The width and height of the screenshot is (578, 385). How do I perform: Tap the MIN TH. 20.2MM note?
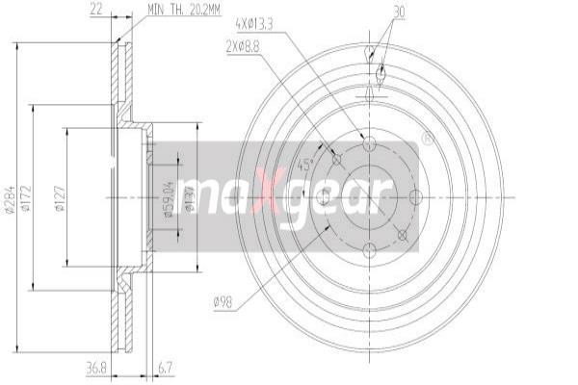point(184,10)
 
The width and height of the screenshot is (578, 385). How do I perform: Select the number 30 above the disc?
point(400,12)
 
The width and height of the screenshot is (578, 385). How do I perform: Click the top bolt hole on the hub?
point(369,142)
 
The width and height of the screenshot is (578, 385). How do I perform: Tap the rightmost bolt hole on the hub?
point(415,196)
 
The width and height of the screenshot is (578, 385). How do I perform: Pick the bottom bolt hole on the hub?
point(369,251)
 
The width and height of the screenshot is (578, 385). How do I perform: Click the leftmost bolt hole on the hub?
point(324,196)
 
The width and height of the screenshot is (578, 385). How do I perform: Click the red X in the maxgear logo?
point(271,192)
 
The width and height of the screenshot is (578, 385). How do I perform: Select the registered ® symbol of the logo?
point(427,138)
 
